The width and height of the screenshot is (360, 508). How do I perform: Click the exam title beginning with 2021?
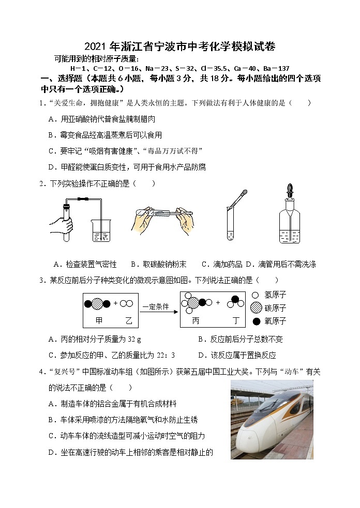pyautogui.click(x=180, y=47)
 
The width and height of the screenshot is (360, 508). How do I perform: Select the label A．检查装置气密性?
pyautogui.click(x=85, y=264)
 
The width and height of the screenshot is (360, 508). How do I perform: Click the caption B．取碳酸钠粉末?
pyautogui.click(x=158, y=264)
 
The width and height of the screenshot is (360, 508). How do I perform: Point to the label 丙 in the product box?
pyautogui.click(x=196, y=321)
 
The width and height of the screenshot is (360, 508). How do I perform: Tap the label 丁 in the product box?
pyautogui.click(x=235, y=321)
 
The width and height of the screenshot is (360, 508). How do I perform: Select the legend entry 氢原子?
pyautogui.click(x=275, y=295)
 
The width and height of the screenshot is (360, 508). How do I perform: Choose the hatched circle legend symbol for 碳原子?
pyautogui.click(x=256, y=308)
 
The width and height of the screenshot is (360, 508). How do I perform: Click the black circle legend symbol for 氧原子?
pyautogui.click(x=256, y=321)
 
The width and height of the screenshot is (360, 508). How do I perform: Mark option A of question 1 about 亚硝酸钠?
pyautogui.click(x=101, y=119)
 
